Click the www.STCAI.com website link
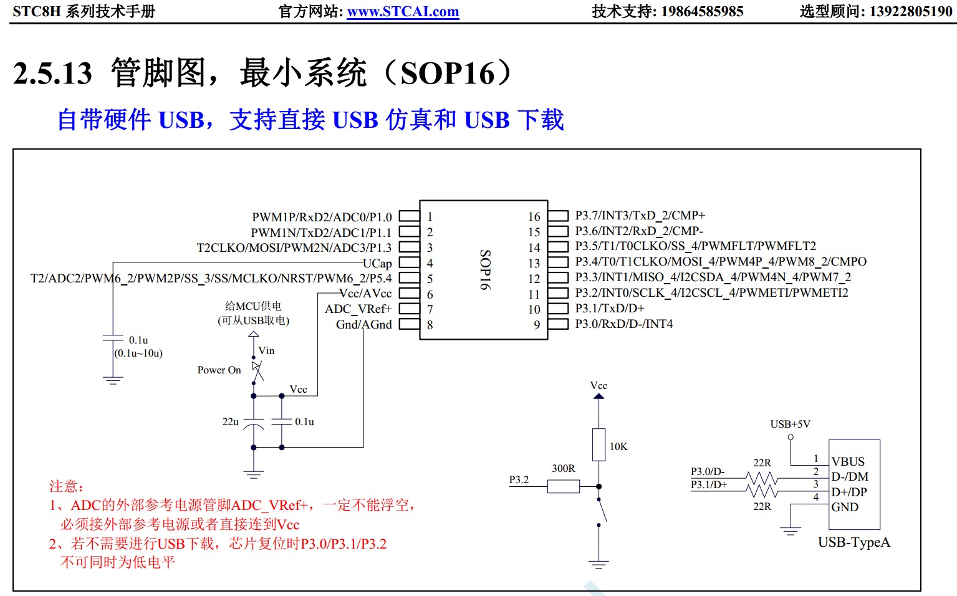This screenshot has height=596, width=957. [x=403, y=11]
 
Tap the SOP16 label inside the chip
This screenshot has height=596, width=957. [x=485, y=269]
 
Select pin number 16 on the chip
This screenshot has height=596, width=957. [x=534, y=216]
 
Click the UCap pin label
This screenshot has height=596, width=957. [x=377, y=263]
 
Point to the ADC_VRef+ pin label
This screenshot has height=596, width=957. [x=358, y=309]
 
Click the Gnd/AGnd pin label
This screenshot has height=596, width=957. [x=363, y=325]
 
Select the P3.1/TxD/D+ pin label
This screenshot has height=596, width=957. [x=609, y=309]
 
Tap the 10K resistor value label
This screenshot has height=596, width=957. [x=618, y=446]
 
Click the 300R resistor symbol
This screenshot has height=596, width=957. [x=564, y=486]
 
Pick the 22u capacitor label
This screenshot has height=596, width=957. [x=230, y=422]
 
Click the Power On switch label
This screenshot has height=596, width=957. [x=219, y=370]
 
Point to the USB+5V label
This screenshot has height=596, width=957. [x=790, y=425]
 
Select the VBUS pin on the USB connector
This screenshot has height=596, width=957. [x=848, y=462]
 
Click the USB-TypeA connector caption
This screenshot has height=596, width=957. [x=854, y=542]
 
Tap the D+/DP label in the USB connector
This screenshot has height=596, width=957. [x=849, y=492]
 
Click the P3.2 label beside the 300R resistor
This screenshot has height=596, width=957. [x=519, y=479]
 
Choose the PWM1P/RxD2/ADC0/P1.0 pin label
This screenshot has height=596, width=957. [x=322, y=217]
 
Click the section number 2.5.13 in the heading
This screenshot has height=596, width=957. [x=53, y=74]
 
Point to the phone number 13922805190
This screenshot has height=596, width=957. [x=907, y=11]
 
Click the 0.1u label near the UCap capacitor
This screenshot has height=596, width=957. [x=138, y=340]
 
